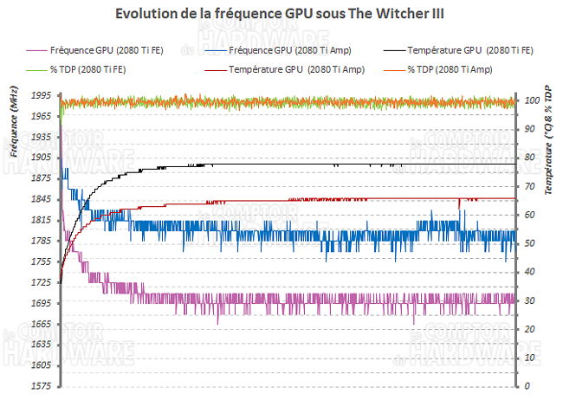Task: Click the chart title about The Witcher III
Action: pyautogui.click(x=281, y=15)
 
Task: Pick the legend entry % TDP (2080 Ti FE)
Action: pyautogui.click(x=83, y=68)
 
